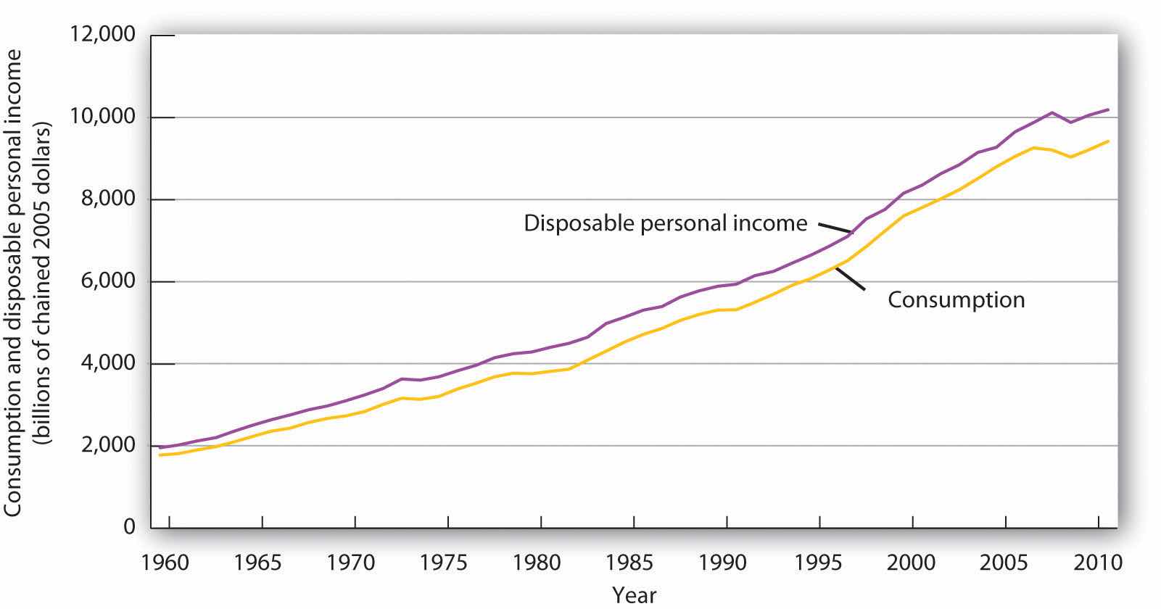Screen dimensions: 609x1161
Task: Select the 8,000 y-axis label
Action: click(x=104, y=199)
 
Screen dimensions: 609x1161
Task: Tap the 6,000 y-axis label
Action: click(x=104, y=281)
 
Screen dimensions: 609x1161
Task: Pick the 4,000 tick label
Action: click(x=104, y=363)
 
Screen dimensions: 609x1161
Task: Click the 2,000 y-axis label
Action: click(x=104, y=445)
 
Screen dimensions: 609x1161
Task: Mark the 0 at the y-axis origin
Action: click(x=129, y=527)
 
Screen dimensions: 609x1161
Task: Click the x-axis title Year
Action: click(x=634, y=595)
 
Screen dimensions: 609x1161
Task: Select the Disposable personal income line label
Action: click(x=665, y=223)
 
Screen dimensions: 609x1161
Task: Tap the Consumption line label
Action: click(x=956, y=299)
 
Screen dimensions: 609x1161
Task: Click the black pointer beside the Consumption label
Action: click(x=850, y=278)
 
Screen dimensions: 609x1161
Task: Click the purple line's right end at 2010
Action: click(x=1107, y=109)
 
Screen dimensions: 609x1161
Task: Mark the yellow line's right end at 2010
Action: click(x=1107, y=141)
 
